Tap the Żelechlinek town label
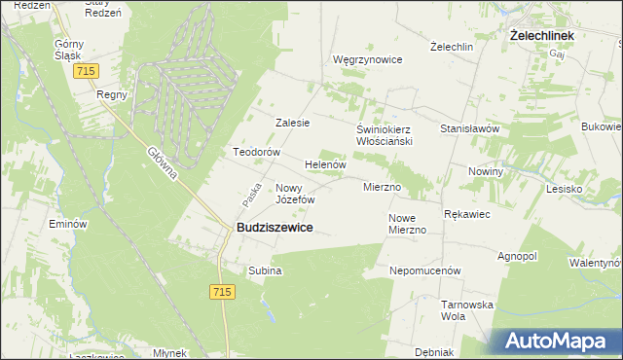(x=542, y=35)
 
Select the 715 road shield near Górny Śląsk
(x=90, y=72)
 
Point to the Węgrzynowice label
(x=367, y=59)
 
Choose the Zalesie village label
(x=292, y=123)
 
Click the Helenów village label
(x=326, y=165)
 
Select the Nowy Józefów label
(x=296, y=193)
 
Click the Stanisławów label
(x=470, y=127)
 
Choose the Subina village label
(x=265, y=270)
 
